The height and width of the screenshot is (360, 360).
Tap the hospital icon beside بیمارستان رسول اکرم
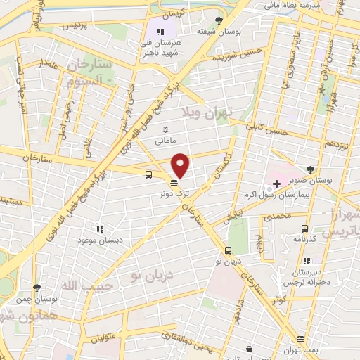point(276,184)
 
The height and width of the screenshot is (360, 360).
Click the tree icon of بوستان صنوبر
point(311,168)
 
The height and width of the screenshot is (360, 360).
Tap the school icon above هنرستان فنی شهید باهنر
point(161,32)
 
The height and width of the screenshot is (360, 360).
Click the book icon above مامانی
point(166,130)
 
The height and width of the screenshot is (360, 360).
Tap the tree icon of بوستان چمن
point(37,287)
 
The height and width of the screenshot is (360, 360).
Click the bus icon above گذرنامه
point(304,229)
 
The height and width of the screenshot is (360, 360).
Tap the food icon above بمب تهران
point(300,340)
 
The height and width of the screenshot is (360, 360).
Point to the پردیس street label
point(77,25)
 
